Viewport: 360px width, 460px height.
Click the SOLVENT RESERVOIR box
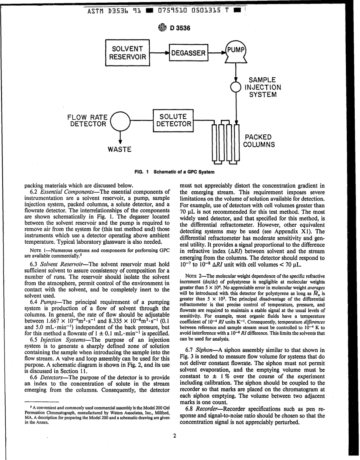coord(128,53)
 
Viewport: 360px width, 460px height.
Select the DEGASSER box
coord(188,53)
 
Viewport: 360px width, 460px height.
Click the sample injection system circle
coord(236,88)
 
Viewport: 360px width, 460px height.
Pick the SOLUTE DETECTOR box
coord(173,120)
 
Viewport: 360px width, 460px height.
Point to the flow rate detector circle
coord(120,120)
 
